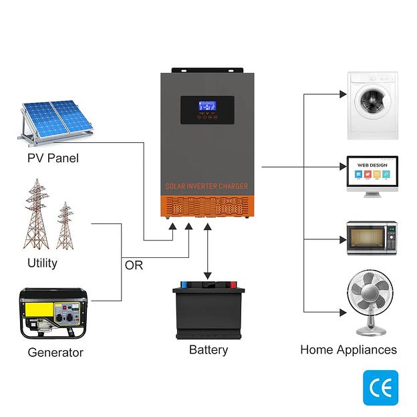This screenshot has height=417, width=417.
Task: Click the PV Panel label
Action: point(53,158)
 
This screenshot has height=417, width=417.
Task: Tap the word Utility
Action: point(42,263)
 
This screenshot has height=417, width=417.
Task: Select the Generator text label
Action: point(55,352)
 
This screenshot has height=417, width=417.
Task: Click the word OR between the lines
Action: point(134,265)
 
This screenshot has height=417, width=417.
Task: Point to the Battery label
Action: point(208,350)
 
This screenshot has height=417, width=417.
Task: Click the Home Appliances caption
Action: point(348,350)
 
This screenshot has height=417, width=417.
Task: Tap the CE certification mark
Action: point(380,387)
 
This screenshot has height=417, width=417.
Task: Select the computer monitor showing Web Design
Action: point(372,175)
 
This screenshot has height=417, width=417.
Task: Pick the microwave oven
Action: point(372,237)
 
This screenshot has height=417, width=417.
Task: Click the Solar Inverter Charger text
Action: point(206,185)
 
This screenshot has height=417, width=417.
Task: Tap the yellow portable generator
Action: point(53,313)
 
